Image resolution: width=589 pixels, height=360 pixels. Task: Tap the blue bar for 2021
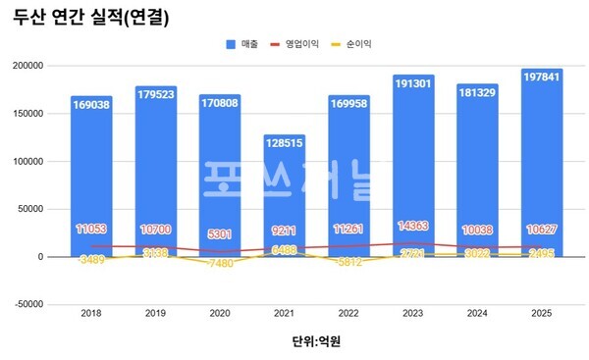click(284, 196)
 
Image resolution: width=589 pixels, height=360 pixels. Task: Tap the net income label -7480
click(219, 264)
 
